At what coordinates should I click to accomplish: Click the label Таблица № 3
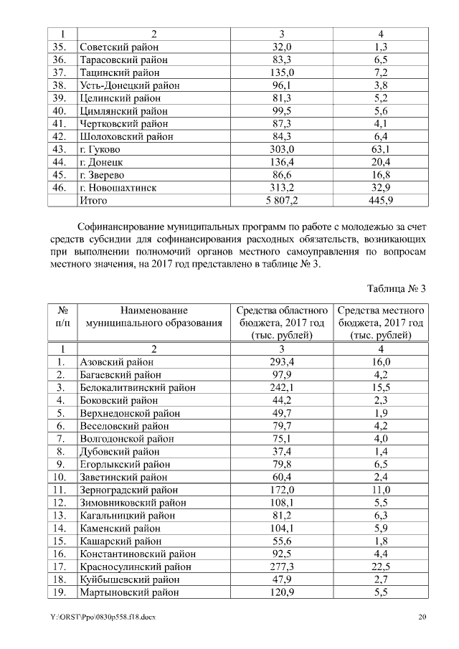tap(397, 289)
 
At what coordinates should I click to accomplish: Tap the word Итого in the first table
tap(93, 201)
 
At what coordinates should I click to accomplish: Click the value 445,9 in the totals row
tap(381, 201)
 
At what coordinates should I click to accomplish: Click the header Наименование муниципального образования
tap(154, 317)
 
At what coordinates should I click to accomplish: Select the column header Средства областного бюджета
tap(281, 323)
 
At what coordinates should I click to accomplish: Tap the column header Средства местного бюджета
tap(381, 323)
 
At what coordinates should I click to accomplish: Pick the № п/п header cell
tap(62, 317)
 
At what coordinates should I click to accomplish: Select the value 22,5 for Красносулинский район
tap(381, 567)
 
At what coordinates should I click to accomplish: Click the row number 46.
tap(62, 188)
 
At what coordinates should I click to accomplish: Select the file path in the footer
tap(103, 617)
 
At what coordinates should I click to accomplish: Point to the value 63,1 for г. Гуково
tap(381, 149)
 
